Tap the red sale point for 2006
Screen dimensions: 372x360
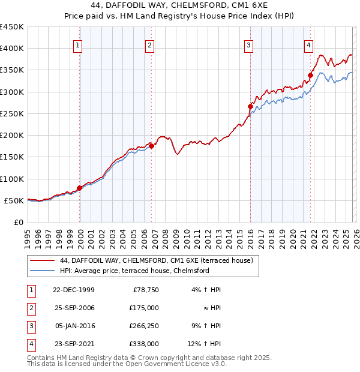[152, 146]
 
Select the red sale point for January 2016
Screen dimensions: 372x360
[250, 106]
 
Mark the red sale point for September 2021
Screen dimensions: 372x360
[311, 75]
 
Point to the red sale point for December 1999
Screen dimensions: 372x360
[80, 188]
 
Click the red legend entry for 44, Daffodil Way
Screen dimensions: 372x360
[156, 260]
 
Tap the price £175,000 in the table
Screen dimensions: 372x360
[145, 308]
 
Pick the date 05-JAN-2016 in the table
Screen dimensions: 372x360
[74, 326]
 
